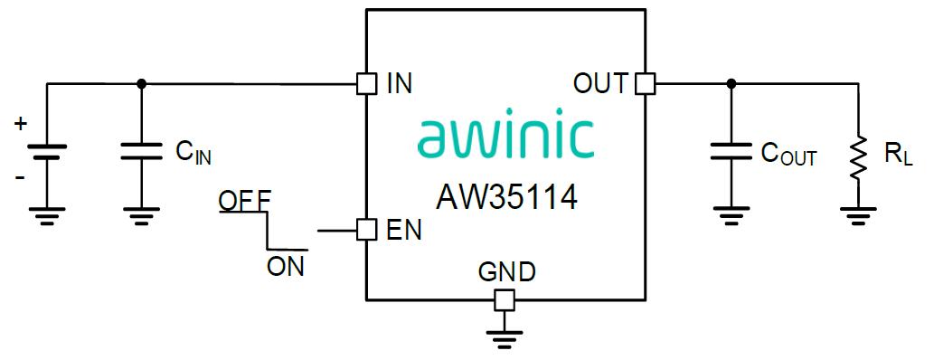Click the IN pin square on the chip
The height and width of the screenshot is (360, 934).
pyautogui.click(x=366, y=84)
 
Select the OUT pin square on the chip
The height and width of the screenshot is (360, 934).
pyautogui.click(x=644, y=84)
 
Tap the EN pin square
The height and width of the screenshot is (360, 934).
pyautogui.click(x=366, y=230)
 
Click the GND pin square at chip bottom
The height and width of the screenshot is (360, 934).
pyautogui.click(x=505, y=299)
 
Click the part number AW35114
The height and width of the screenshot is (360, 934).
pyautogui.click(x=506, y=195)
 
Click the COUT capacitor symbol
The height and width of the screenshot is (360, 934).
pyautogui.click(x=731, y=150)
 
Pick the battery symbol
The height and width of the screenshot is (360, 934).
pyautogui.click(x=46, y=150)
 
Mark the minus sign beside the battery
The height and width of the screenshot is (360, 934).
pyautogui.click(x=20, y=176)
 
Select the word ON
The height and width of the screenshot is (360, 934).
pyautogui.click(x=286, y=266)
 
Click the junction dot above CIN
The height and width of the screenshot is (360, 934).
pyautogui.click(x=140, y=84)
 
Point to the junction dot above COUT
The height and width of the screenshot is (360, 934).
pyautogui.click(x=731, y=84)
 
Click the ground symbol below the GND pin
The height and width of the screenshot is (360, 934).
pyautogui.click(x=505, y=338)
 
